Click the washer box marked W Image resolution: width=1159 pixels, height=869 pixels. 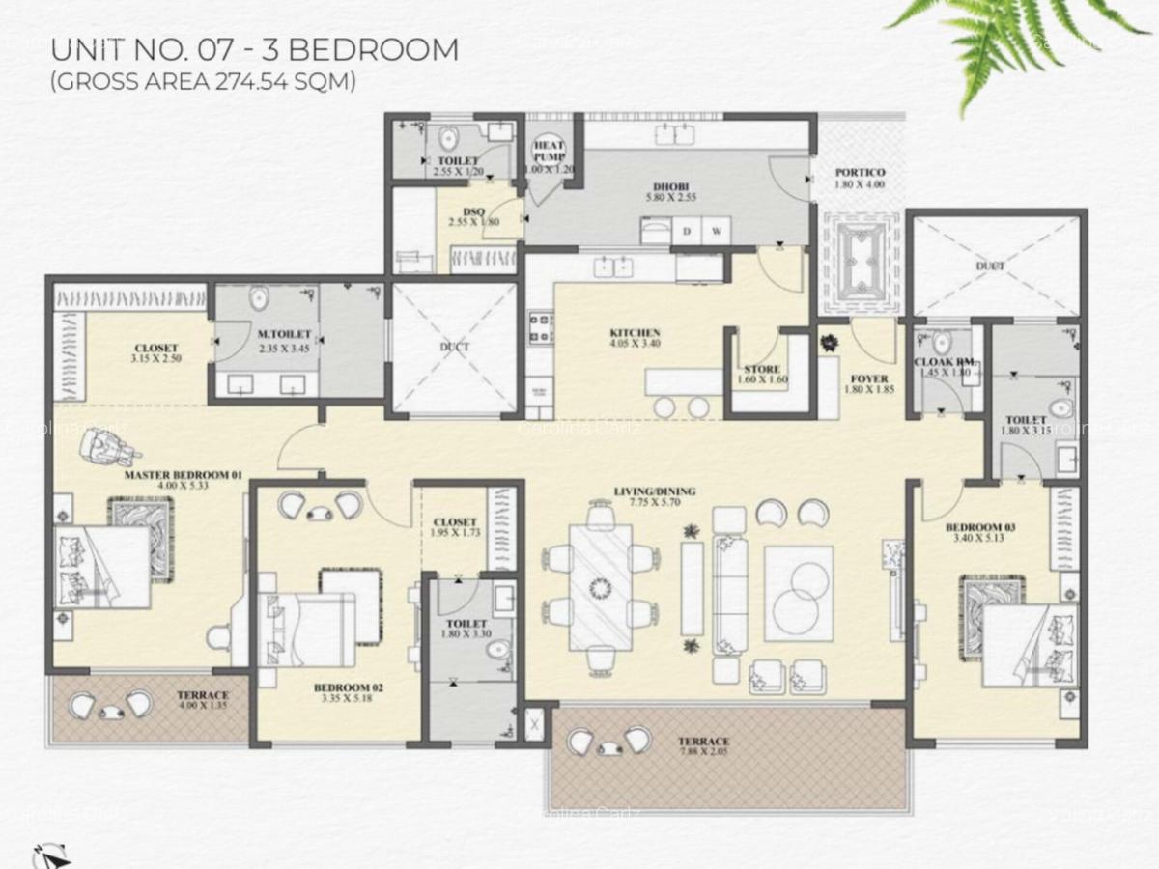(x=717, y=231)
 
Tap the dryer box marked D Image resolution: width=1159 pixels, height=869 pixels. (x=687, y=231)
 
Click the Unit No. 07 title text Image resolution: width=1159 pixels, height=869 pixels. (x=254, y=49)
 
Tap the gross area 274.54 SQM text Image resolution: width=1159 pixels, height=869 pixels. (x=203, y=83)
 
